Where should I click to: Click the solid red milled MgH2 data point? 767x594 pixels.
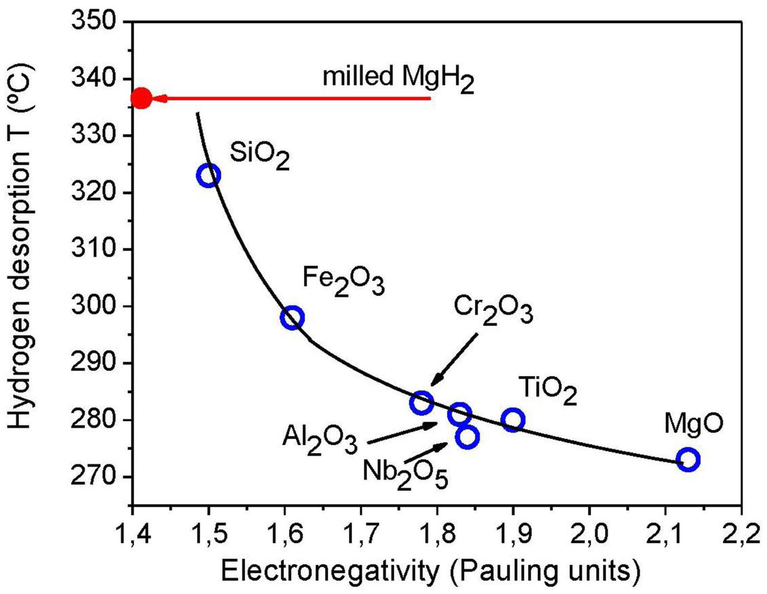click(141, 98)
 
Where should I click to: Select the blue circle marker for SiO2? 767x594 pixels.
click(209, 175)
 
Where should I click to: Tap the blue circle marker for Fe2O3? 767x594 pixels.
click(292, 318)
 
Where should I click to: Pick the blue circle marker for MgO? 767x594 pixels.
click(688, 459)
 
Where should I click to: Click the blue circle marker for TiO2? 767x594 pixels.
click(513, 419)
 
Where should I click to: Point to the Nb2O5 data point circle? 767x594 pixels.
click(467, 437)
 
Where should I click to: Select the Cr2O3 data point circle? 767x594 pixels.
click(422, 402)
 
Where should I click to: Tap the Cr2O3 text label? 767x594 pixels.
click(493, 309)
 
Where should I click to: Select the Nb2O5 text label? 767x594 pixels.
click(405, 474)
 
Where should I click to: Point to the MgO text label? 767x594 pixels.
click(694, 423)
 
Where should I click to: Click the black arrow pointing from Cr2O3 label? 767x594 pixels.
click(454, 359)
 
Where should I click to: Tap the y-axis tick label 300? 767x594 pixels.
click(104, 306)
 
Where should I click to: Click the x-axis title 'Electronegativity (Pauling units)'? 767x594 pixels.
click(429, 572)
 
